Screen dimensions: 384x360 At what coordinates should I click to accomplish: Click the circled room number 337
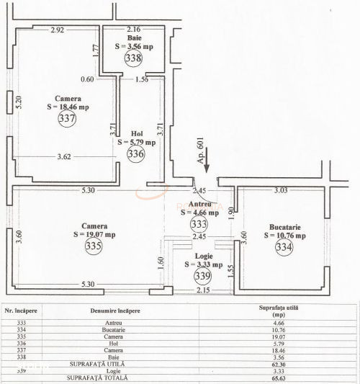pos(67,119)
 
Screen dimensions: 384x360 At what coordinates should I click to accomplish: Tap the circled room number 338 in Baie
pos(133,58)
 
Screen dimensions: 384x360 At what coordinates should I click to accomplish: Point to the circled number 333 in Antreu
pos(197,224)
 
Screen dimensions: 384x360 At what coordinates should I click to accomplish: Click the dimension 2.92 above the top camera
pos(58,30)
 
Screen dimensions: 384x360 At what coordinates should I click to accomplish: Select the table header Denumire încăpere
pos(116,311)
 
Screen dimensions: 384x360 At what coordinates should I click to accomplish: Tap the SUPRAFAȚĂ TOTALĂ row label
pos(97,378)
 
